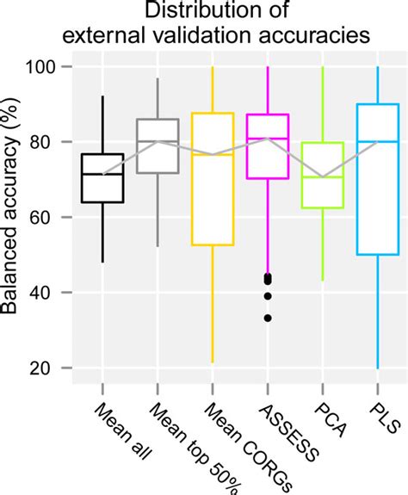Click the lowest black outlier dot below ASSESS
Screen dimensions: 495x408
268,319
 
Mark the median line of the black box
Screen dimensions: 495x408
102,174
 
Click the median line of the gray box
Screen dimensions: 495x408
158,141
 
